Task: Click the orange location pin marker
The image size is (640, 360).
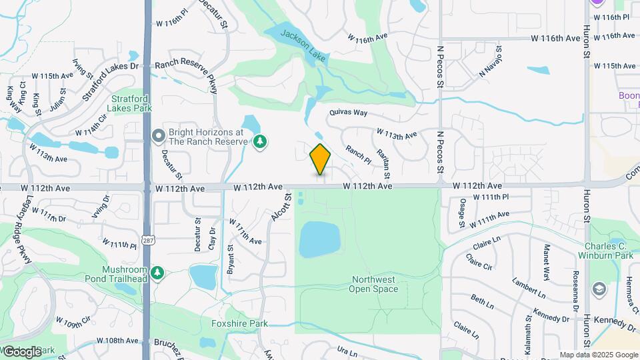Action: pyautogui.click(x=321, y=159)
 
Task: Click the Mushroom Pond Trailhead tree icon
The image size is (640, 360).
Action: pyautogui.click(x=157, y=273)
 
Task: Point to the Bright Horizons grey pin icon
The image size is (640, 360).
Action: pyautogui.click(x=158, y=137)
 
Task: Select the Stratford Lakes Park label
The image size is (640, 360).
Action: pyautogui.click(x=131, y=103)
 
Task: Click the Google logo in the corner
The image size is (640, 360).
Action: pyautogui.click(x=22, y=351)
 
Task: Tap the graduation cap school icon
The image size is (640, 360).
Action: pyautogui.click(x=599, y=288)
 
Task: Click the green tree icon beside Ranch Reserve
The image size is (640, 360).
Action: pyautogui.click(x=260, y=141)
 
